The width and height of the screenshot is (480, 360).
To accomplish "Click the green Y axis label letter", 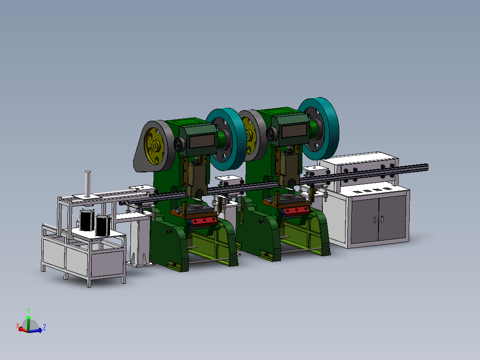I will [28, 310].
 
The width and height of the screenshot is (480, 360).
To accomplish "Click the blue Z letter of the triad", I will [45, 327].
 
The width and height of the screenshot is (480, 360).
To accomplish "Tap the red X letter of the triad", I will [18, 326].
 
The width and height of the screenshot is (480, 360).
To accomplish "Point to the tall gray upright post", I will [88, 184].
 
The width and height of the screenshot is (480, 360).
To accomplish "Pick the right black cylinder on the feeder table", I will [102, 226].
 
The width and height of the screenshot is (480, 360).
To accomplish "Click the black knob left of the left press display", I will [180, 144].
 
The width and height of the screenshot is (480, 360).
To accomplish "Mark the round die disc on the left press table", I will [195, 208].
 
